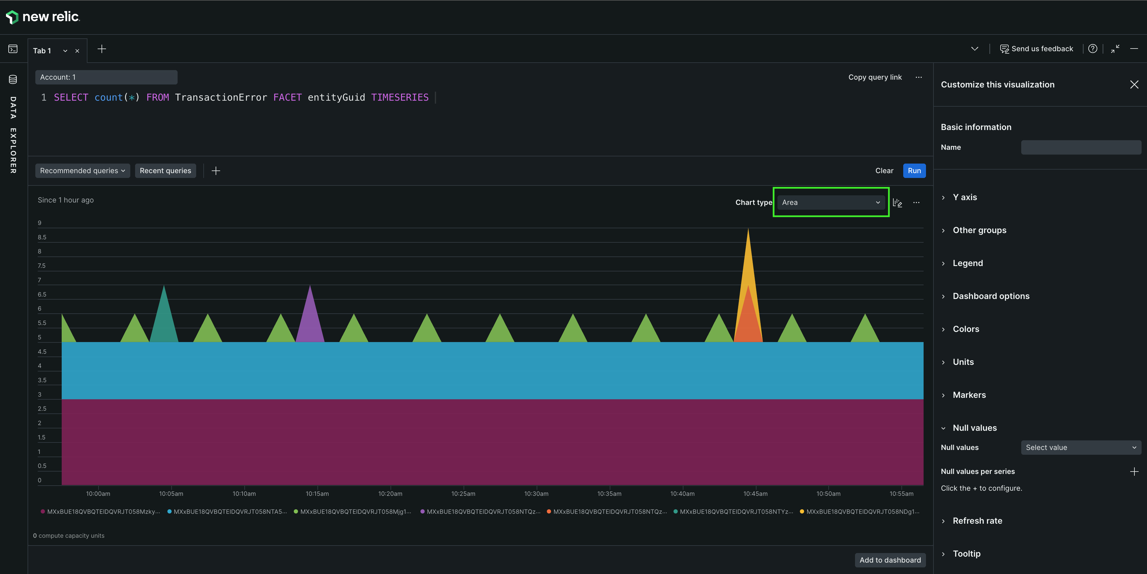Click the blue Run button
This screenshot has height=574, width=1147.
[914, 170]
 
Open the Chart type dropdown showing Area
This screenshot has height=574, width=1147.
[831, 203]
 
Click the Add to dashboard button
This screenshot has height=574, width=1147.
[890, 560]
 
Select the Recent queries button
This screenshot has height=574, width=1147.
[165, 170]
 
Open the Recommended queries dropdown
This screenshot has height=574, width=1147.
[82, 170]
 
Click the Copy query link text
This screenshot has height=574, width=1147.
[874, 77]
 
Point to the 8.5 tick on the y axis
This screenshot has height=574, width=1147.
[42, 237]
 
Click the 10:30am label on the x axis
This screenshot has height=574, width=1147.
[536, 493]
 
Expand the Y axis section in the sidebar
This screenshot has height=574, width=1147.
[964, 197]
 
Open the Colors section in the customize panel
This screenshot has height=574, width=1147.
[965, 329]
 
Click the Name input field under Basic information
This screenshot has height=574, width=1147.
[1081, 147]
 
